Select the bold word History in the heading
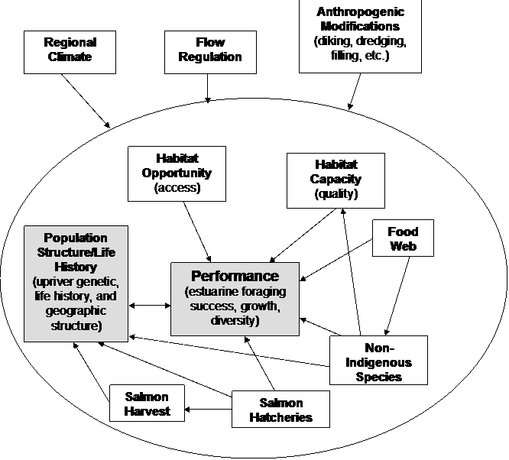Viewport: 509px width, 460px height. point(76,267)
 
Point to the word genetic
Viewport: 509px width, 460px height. point(100,281)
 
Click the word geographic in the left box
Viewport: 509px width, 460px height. point(76,311)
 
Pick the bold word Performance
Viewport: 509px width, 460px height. point(235,276)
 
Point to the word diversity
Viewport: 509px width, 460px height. point(235,320)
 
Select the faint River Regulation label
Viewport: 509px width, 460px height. point(210,50)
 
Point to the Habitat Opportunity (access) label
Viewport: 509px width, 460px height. point(177,173)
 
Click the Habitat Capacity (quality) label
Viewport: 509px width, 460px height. point(336,179)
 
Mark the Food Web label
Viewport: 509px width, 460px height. point(403,239)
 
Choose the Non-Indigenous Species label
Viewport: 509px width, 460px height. point(379,362)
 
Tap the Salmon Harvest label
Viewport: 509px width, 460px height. point(147,404)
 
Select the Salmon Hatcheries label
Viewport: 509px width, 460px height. point(280,410)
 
